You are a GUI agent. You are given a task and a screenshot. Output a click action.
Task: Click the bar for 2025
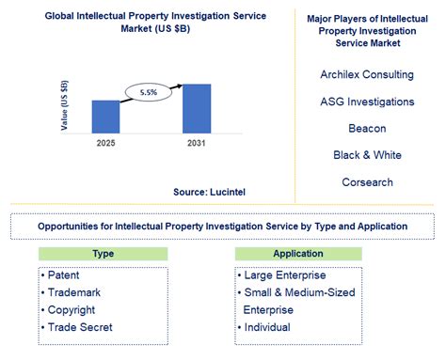(105, 117)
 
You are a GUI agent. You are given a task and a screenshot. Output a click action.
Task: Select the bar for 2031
(196, 108)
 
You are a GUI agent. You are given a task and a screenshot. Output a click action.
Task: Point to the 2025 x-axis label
(105, 143)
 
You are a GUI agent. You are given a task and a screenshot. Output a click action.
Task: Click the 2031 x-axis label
(196, 143)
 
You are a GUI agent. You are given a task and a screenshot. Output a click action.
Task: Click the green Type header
(104, 254)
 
